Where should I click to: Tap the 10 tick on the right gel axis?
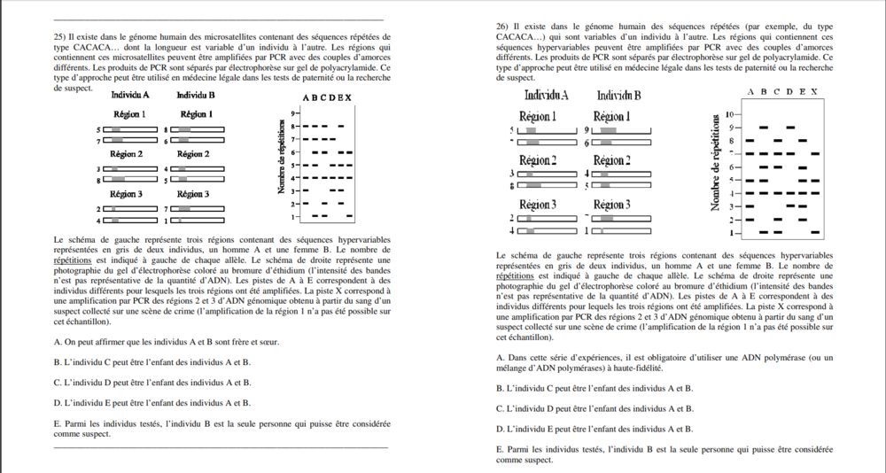(x=732, y=115)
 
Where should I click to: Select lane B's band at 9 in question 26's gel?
(x=765, y=128)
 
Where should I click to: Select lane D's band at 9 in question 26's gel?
(x=790, y=128)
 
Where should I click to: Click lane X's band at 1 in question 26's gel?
(x=815, y=232)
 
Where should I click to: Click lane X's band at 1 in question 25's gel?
(x=349, y=216)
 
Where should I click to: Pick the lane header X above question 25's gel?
(x=349, y=97)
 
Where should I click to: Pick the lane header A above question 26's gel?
(x=751, y=91)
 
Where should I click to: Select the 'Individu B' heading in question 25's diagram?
(x=196, y=95)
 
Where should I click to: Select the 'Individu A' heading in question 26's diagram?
(x=546, y=95)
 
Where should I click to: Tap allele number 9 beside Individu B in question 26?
(x=587, y=129)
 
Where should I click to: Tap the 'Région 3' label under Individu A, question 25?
(x=127, y=193)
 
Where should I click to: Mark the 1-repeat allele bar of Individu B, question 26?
(x=621, y=231)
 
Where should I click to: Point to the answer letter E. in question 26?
(x=501, y=450)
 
